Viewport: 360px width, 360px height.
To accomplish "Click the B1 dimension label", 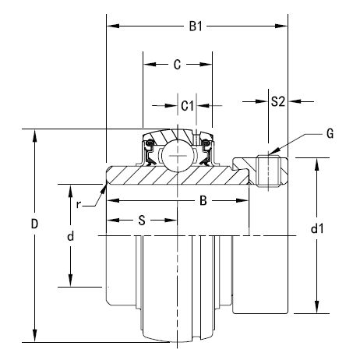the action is coord(196,26).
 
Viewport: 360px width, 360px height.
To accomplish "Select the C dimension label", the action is coord(177,65).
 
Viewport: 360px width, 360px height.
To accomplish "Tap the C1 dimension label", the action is coord(187,106).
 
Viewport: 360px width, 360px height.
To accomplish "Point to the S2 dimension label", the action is coord(278,101).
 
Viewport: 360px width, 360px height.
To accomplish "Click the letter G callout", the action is coord(330,134).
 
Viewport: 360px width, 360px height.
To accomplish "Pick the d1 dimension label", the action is coord(317,229).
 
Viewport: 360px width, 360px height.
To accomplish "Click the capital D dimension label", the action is coord(34,224).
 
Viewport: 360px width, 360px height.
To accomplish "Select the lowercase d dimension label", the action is coord(70,236).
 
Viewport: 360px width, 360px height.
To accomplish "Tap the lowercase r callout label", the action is coord(78,205).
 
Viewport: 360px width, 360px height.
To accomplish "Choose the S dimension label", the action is coord(142,221).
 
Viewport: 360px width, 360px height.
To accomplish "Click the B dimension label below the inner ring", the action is coord(203,200).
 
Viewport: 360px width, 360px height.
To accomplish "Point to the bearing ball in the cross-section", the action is coord(178,156).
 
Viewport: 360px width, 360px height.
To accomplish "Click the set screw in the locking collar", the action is coord(269,171).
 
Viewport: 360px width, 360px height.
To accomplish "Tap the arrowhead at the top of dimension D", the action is coord(34,136).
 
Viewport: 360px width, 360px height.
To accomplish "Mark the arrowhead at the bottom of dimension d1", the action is coord(316,307).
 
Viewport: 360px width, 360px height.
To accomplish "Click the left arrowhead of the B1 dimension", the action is coord(113,26).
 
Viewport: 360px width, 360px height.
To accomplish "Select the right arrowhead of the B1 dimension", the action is coord(281,26).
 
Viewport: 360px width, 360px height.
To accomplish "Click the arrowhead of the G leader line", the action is coord(274,152).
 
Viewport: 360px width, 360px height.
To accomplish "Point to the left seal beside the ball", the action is coord(149,153).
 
